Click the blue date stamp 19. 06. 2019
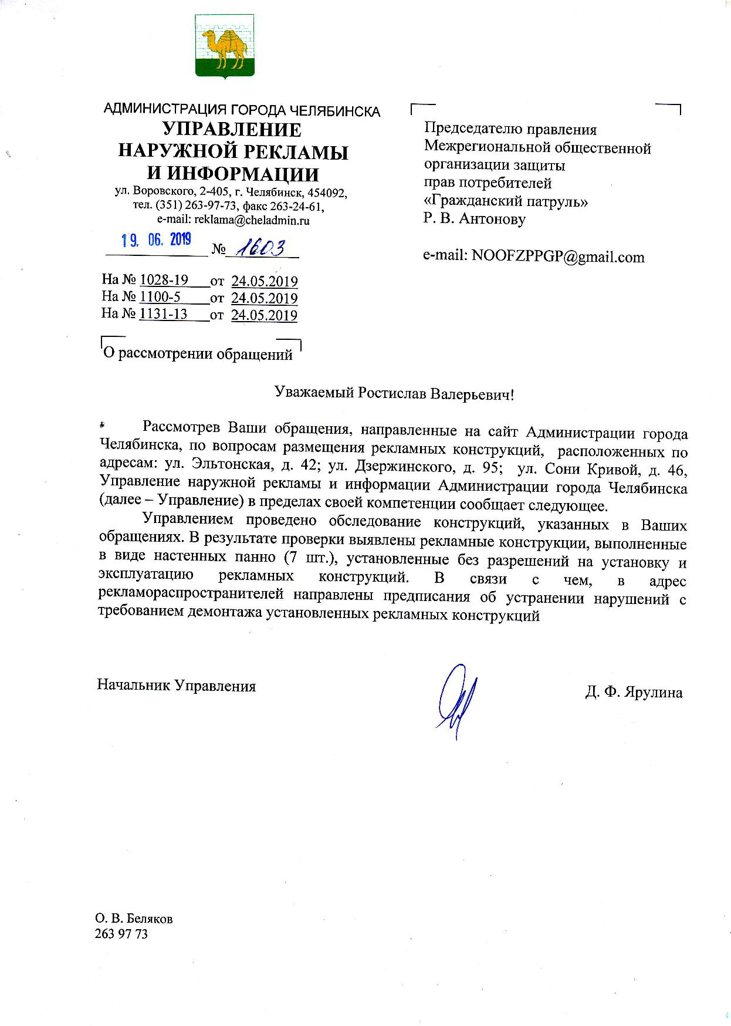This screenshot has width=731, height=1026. [x=156, y=239]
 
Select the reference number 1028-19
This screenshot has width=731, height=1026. [x=164, y=281]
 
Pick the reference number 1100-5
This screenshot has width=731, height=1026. [x=160, y=298]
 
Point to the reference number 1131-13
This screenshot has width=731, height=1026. [x=163, y=314]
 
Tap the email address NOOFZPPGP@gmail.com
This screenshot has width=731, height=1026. [x=558, y=256]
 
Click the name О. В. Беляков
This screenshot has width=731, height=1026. [x=134, y=919]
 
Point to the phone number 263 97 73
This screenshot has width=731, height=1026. [x=121, y=934]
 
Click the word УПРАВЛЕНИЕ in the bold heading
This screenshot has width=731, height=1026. [x=232, y=130]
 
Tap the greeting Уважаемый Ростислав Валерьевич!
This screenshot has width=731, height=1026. [x=394, y=393]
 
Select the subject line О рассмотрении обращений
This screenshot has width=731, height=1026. [x=198, y=355]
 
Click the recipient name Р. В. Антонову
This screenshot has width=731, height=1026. [x=475, y=219]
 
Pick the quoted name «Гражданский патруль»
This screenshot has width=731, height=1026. [x=506, y=201]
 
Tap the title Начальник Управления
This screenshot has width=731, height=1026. [x=176, y=686]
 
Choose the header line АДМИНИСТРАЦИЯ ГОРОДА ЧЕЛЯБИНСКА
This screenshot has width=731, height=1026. [x=242, y=110]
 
